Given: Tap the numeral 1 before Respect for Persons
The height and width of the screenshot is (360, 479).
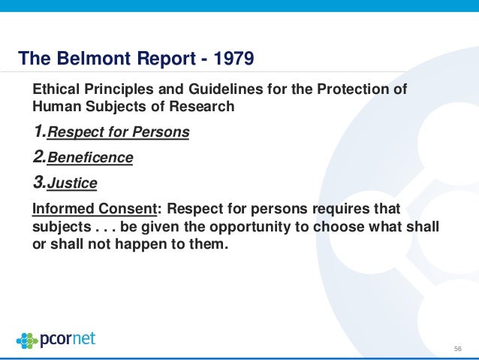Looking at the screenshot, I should [x=38, y=132].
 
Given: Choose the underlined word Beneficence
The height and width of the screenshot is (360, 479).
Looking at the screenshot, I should [x=90, y=158].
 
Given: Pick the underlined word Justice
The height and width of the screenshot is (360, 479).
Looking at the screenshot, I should [x=73, y=183].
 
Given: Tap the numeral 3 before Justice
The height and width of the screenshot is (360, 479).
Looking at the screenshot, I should [x=39, y=182].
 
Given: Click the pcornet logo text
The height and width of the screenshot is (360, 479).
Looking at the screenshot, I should [x=69, y=338].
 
